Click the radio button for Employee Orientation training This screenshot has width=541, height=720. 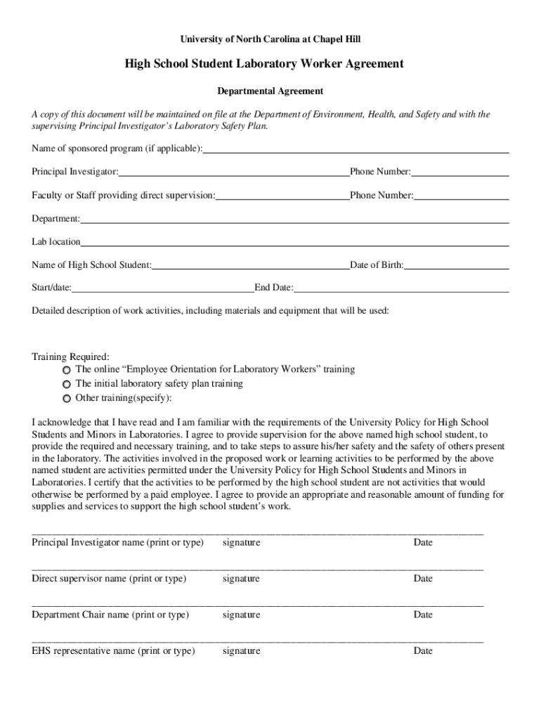(x=66, y=370)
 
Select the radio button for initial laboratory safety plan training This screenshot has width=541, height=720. (x=66, y=385)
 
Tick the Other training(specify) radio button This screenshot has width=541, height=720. (x=66, y=399)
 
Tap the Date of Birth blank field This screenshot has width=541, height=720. (x=456, y=266)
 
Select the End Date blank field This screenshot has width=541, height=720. (x=401, y=288)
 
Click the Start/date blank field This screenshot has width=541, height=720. (x=162, y=288)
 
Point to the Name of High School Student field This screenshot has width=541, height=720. (x=250, y=266)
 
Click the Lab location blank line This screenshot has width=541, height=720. (x=294, y=243)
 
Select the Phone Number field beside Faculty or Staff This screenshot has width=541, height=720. (x=461, y=195)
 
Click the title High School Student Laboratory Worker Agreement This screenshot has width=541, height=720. (x=264, y=64)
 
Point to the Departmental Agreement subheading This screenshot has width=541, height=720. (x=270, y=91)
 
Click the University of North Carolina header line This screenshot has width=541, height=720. (x=270, y=40)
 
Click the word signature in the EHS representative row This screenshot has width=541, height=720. (x=241, y=651)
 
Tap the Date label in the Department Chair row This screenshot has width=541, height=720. (x=423, y=615)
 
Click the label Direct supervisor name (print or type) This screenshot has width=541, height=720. (x=109, y=579)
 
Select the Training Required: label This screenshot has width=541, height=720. (x=70, y=356)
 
